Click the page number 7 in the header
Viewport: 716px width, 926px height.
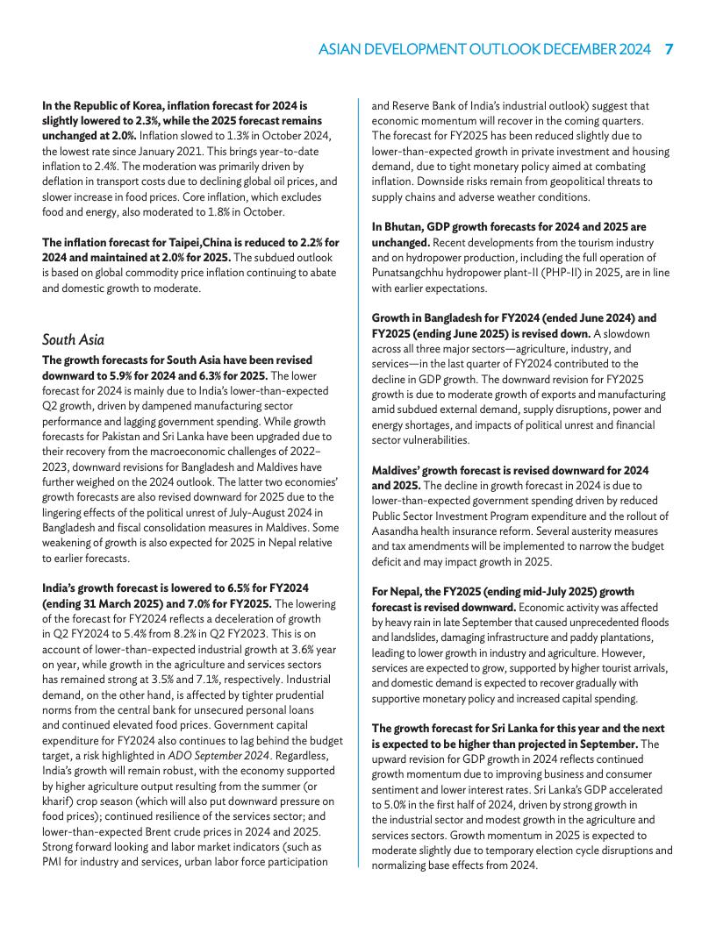[668, 50]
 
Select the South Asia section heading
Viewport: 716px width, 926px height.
[73, 339]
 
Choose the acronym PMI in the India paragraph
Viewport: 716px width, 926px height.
[54, 861]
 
